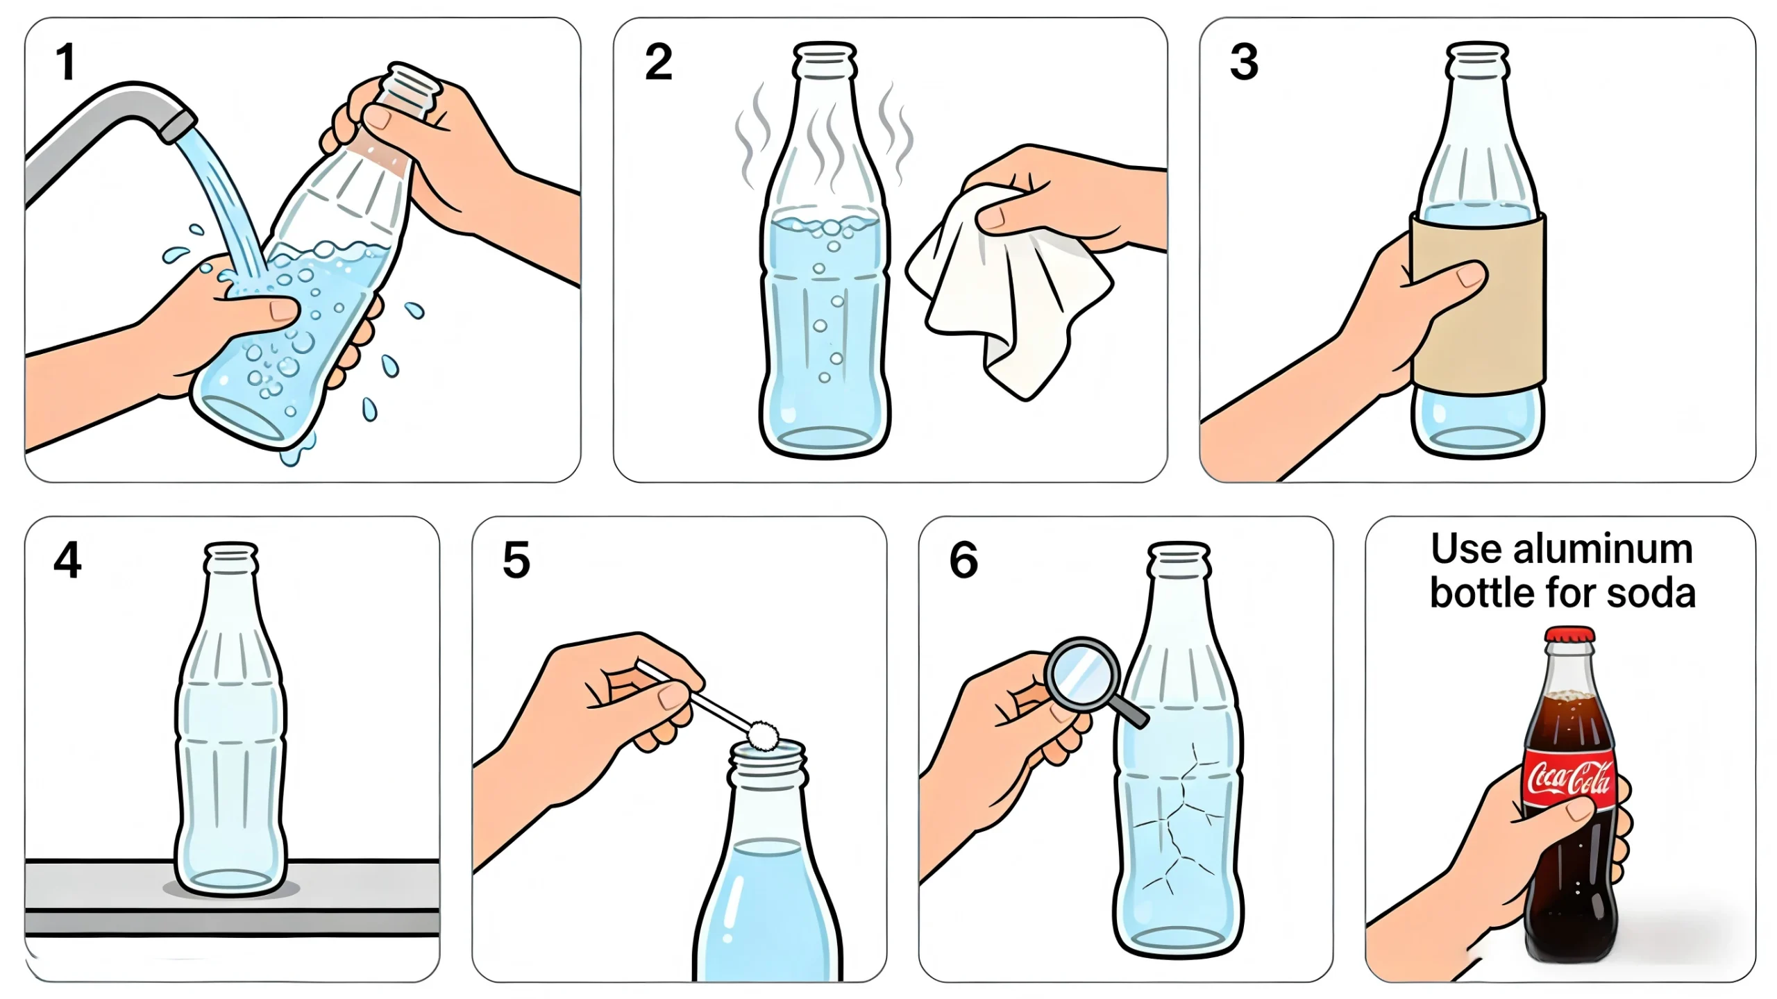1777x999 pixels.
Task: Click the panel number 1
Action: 66,62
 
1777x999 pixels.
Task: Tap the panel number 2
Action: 658,62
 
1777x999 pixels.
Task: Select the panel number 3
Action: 1244,62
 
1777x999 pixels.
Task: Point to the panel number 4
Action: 67,560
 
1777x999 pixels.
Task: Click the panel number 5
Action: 516,560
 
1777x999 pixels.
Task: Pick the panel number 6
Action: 963,560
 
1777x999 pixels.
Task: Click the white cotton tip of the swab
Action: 764,734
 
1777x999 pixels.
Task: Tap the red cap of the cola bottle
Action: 1569,634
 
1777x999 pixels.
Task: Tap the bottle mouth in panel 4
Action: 231,550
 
